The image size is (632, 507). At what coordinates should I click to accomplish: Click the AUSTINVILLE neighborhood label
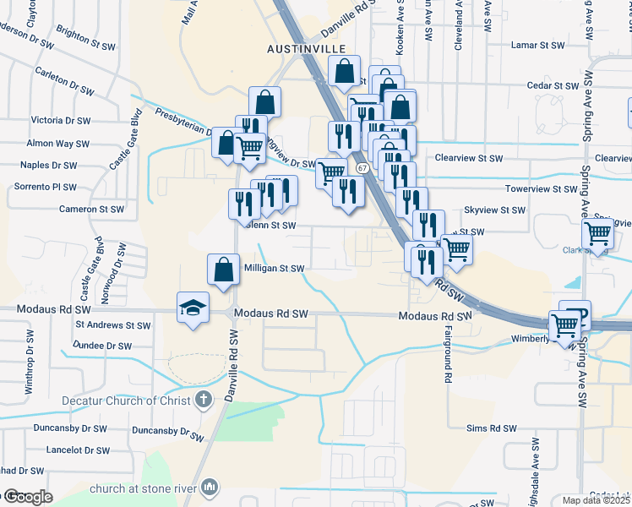[308, 49]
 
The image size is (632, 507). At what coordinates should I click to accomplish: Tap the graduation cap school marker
[193, 307]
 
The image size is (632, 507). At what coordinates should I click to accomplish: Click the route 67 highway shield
[362, 168]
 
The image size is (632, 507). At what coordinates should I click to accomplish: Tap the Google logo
[27, 498]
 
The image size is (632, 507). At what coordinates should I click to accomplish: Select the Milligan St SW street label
[274, 269]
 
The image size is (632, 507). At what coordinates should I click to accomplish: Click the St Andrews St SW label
[112, 324]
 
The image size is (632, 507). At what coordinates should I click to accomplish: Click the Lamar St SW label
[539, 45]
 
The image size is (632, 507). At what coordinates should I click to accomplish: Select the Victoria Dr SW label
[65, 120]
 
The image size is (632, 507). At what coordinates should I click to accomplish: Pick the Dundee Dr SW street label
[102, 346]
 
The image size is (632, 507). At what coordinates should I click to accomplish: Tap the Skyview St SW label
[495, 210]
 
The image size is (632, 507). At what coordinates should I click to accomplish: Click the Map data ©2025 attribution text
[597, 500]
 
